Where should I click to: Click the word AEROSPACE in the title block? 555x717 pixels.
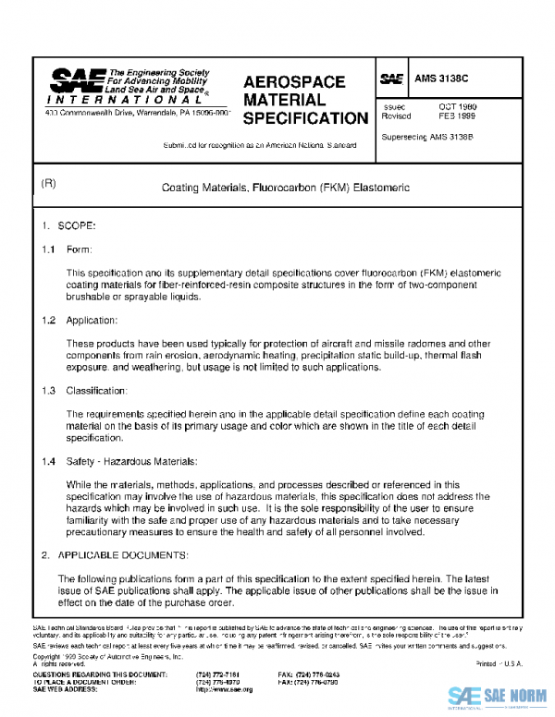tap(293, 82)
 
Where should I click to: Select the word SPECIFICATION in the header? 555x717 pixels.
tap(304, 118)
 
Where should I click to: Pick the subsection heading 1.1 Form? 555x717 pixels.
tap(66, 250)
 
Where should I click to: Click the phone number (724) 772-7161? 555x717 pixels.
tap(218, 675)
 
